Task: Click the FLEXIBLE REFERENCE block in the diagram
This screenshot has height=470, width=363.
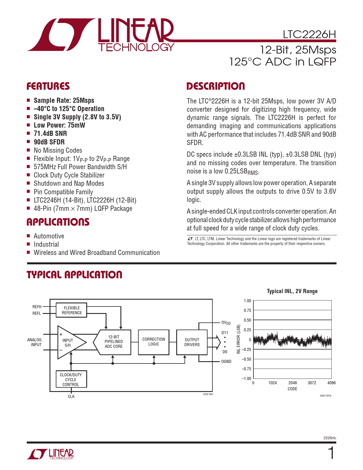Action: coord(71,310)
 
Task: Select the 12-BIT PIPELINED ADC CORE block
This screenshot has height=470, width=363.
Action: coord(114,342)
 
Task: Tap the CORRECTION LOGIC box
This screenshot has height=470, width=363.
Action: coord(153,342)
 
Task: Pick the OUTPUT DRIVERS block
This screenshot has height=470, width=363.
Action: coord(192,342)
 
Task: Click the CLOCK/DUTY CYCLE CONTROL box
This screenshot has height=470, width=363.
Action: coord(71,379)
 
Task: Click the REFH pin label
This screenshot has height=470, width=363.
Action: coord(37,307)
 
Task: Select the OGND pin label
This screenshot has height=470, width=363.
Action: coord(226,361)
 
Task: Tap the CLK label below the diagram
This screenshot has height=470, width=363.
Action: coord(71,397)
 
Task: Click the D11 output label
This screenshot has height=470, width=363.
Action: coord(225,333)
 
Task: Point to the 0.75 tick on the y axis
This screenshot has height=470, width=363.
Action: coord(247,310)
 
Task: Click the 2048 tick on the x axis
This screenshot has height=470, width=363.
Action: coord(292,383)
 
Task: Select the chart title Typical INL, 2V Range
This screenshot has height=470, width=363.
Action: coord(292,291)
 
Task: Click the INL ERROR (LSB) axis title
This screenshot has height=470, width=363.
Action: coord(239,339)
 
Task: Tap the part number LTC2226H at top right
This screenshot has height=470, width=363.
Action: coord(309,34)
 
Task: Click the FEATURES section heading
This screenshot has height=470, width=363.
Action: coord(48,86)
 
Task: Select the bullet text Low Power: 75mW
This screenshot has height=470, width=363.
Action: coord(59,125)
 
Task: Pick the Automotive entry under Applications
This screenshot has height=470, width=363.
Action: coord(49,236)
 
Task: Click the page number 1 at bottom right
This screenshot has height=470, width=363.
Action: coord(331,453)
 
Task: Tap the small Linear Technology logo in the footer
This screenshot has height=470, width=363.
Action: coord(50,454)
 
